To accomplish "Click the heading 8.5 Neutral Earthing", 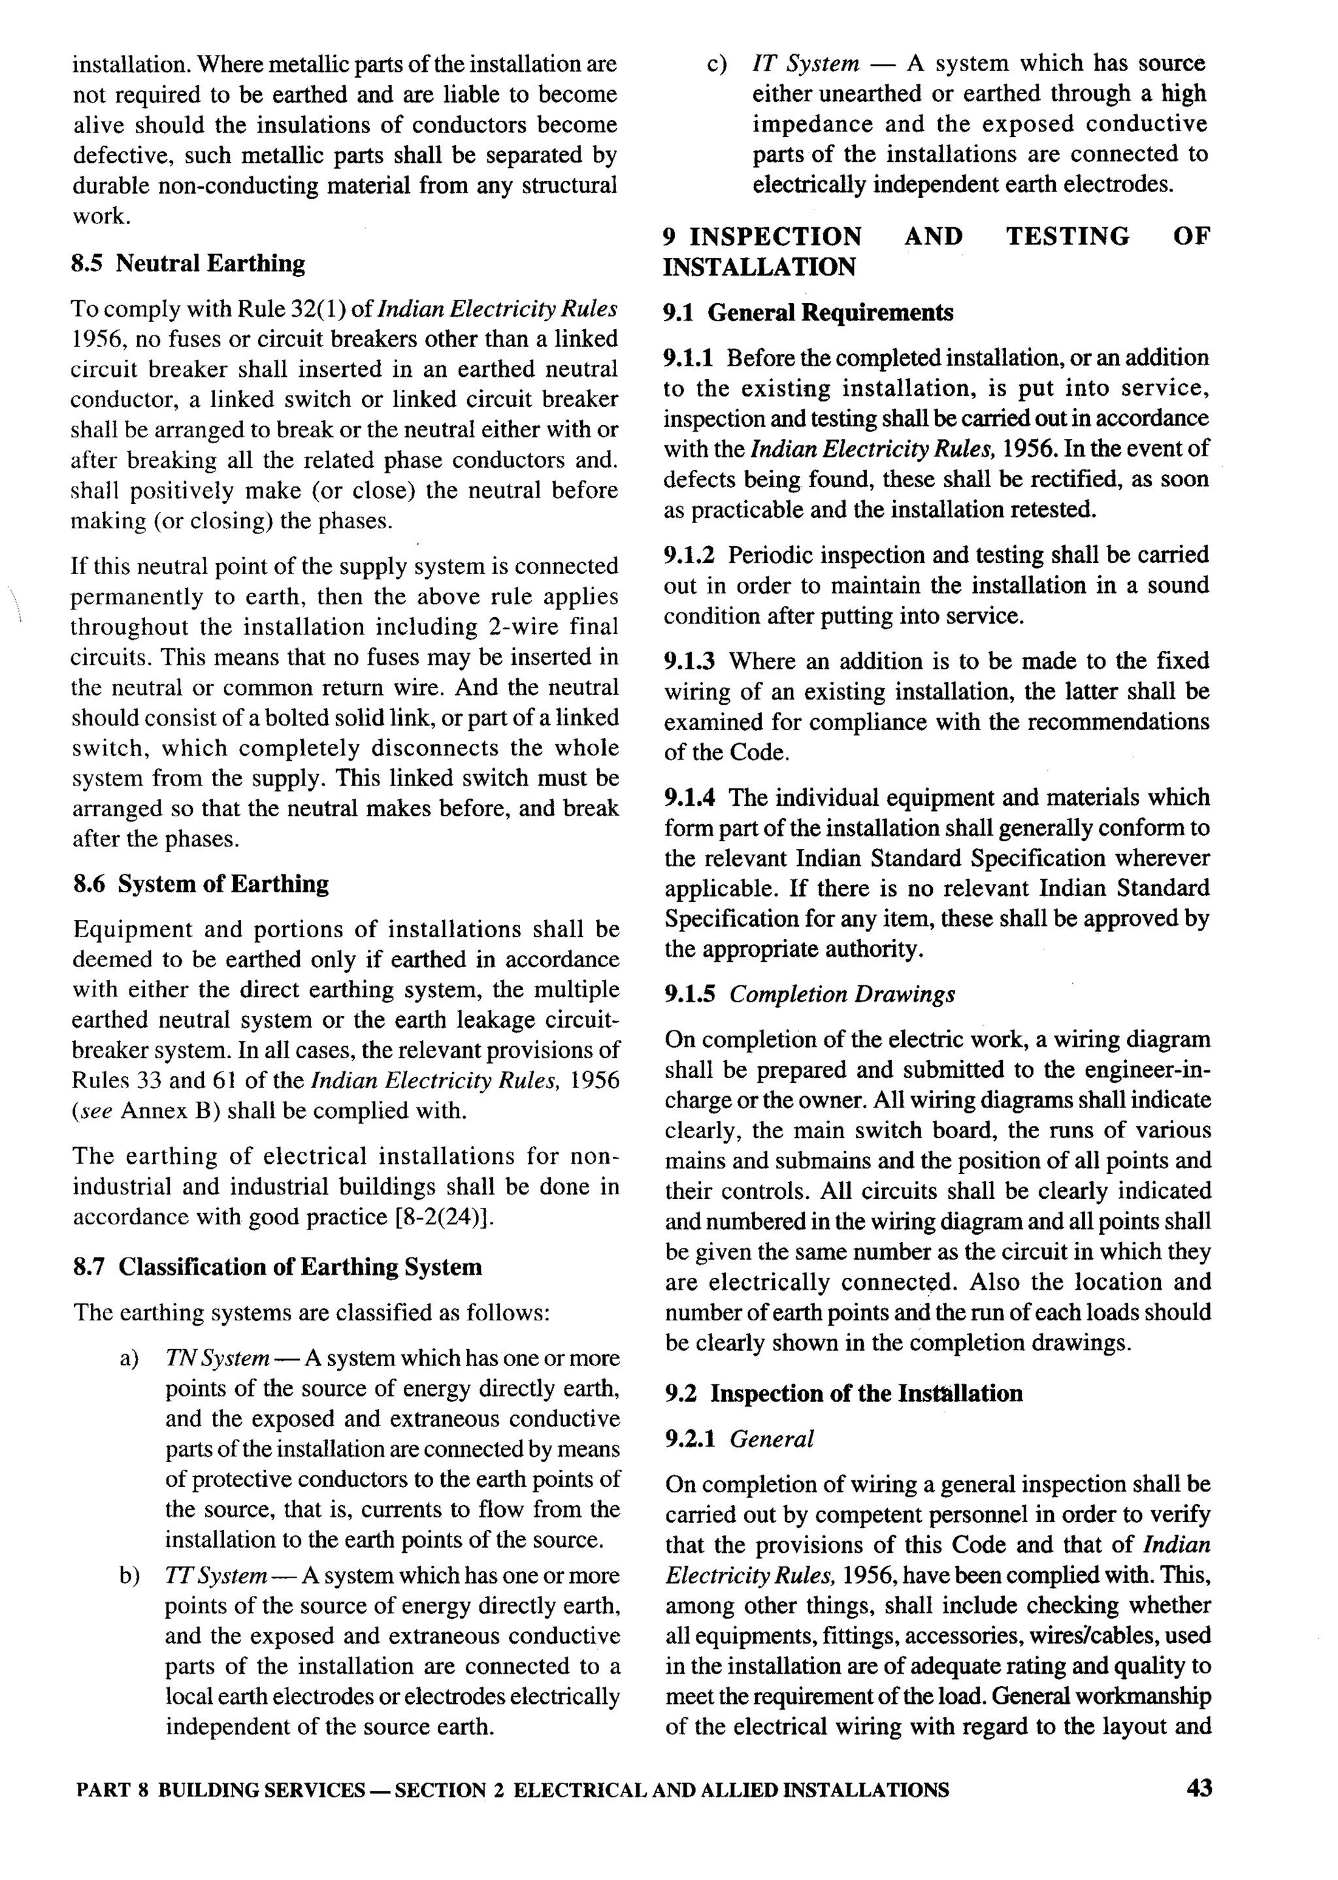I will [x=189, y=264].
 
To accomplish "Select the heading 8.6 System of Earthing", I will [x=201, y=884].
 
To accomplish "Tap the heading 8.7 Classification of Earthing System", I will [x=278, y=1267].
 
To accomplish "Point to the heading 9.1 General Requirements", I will [x=808, y=313].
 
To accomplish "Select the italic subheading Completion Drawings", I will [x=842, y=994].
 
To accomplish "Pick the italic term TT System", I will [x=216, y=1575].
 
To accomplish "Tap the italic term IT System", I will [x=805, y=63].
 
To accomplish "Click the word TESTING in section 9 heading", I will [x=1067, y=236].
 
